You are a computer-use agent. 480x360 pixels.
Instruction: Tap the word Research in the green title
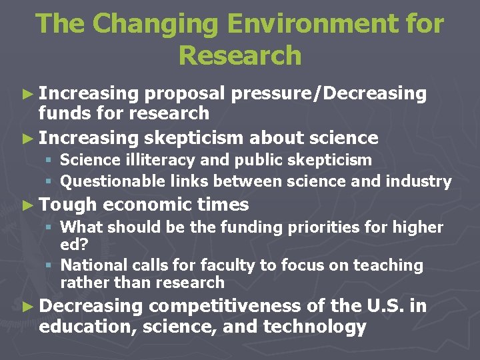point(240,56)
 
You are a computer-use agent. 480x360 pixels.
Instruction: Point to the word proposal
point(188,94)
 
